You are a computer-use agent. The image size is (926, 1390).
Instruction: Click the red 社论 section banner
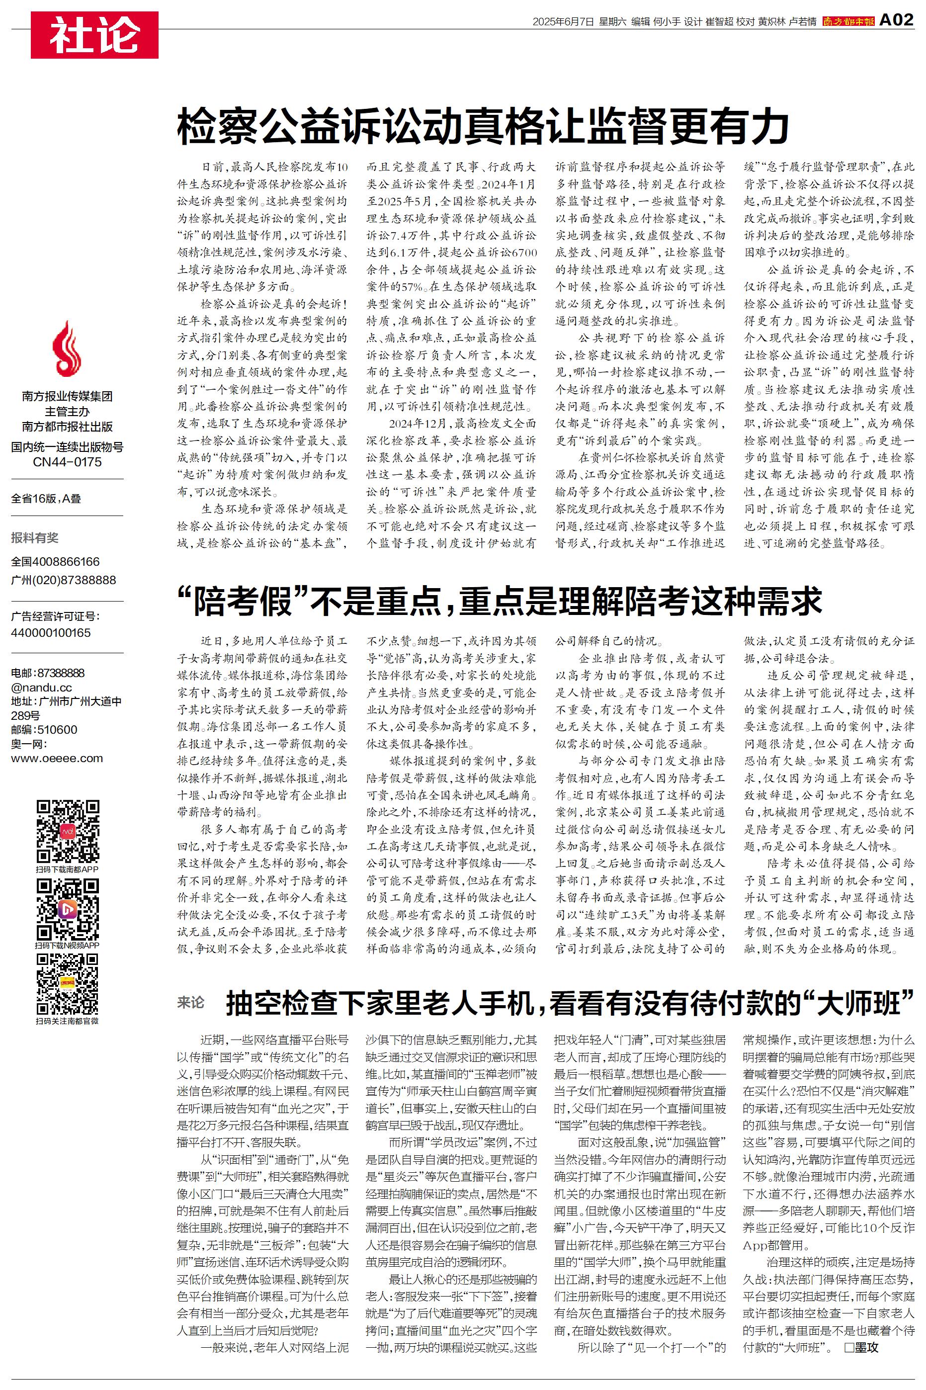(94, 35)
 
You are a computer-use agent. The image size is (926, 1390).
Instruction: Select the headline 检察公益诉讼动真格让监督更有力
(483, 125)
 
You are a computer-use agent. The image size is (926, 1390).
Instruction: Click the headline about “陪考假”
(499, 602)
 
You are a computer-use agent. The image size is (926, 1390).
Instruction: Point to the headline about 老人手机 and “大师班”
(570, 1002)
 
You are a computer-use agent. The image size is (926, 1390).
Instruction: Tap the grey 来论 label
(190, 1002)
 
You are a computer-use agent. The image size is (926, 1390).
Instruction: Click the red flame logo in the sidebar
(67, 349)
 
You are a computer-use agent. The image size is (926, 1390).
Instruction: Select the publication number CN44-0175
(67, 462)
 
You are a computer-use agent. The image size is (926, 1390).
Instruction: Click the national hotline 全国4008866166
(56, 562)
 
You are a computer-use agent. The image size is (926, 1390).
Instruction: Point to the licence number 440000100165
(51, 632)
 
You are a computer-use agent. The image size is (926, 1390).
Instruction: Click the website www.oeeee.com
(57, 758)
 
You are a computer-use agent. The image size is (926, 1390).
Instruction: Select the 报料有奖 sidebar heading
(35, 537)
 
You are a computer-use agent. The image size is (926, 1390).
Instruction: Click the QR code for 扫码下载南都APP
(67, 831)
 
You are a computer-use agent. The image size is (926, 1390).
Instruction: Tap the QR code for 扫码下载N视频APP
(67, 909)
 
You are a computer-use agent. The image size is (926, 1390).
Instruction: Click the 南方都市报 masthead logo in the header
(848, 22)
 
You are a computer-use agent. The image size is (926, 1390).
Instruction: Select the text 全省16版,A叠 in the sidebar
(46, 498)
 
